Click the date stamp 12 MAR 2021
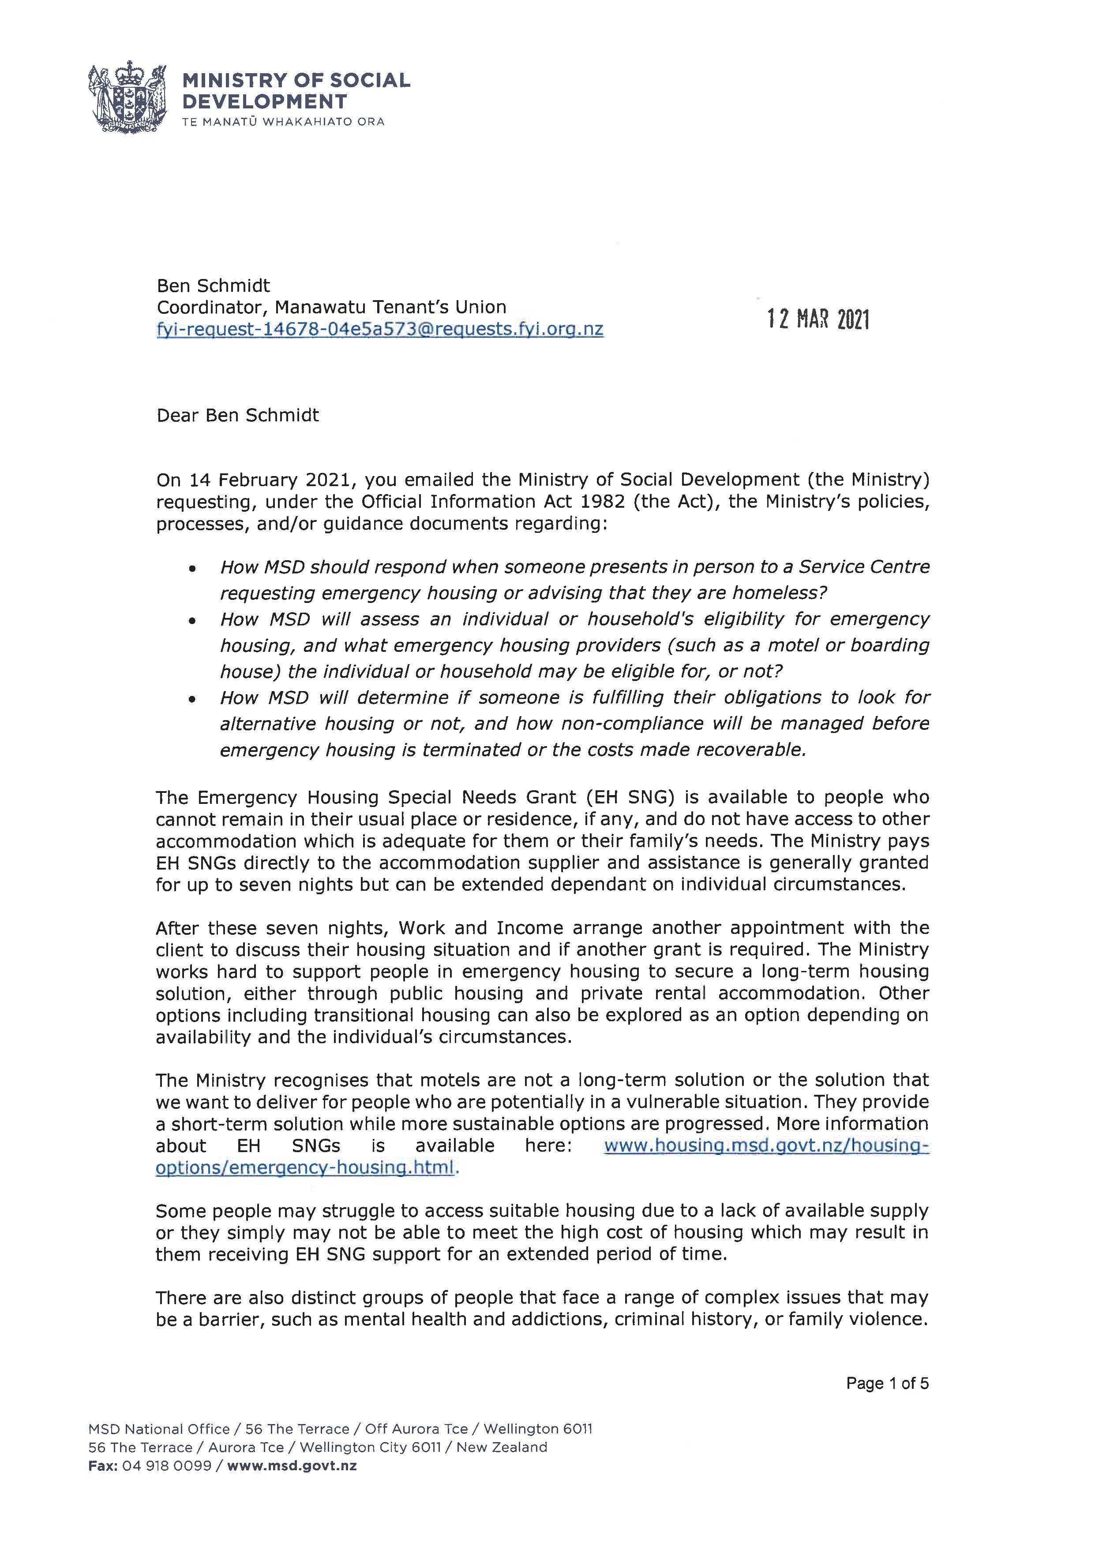pyautogui.click(x=818, y=319)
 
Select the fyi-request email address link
pyautogui.click(x=379, y=330)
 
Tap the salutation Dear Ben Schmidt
pyautogui.click(x=237, y=415)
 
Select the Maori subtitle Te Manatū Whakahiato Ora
pyautogui.click(x=283, y=122)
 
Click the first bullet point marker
pyautogui.click(x=193, y=569)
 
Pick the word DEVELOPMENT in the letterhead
pyautogui.click(x=264, y=102)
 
